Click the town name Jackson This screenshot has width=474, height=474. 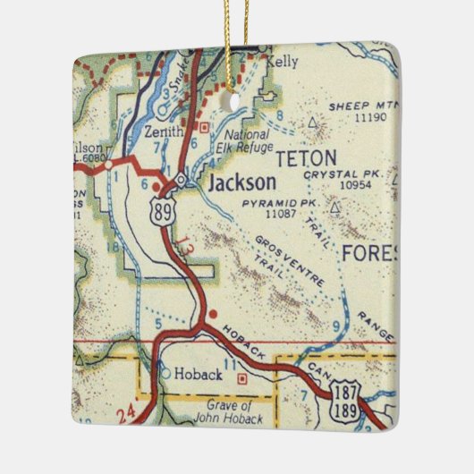(x=241, y=183)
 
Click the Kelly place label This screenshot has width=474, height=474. (x=287, y=62)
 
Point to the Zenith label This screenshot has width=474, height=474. (x=164, y=131)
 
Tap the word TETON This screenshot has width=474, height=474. (x=306, y=160)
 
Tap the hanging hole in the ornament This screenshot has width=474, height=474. (x=236, y=102)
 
